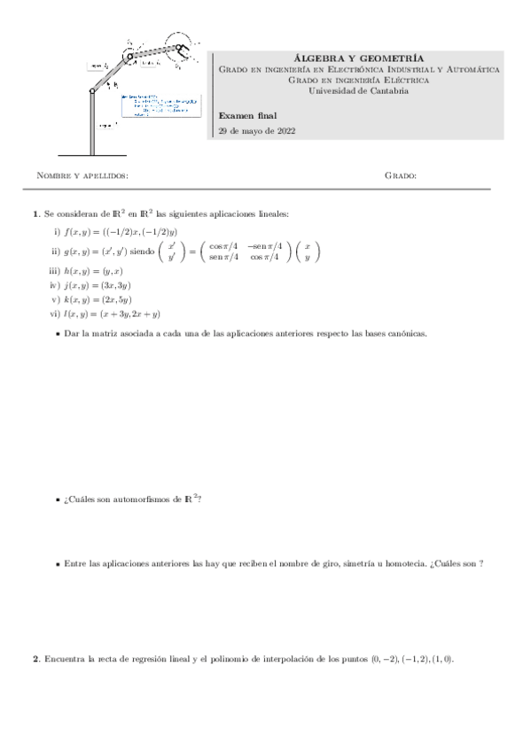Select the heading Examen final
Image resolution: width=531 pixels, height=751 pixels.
[247, 115]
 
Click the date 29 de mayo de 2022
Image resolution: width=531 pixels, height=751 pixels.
[257, 131]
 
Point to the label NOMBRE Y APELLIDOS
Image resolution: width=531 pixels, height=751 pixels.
[82, 175]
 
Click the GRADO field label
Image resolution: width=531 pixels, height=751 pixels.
[401, 175]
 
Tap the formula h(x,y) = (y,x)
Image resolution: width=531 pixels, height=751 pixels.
[93, 271]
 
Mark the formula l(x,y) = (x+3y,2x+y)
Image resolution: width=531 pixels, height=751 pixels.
[112, 314]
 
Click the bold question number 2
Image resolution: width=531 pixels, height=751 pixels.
[35, 659]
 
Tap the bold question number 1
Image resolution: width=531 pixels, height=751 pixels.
[35, 213]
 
